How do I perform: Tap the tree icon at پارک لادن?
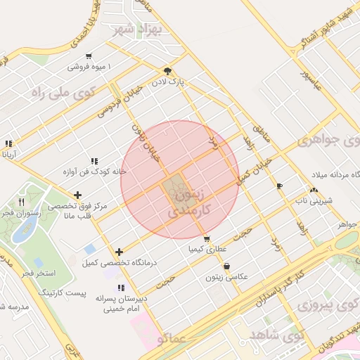tap(167, 71)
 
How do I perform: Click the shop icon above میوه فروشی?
tap(89, 56)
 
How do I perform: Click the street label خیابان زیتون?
tap(146, 142)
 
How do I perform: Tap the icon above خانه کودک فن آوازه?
tap(94, 161)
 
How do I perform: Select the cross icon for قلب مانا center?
tap(77, 195)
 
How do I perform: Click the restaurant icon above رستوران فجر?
tap(21, 202)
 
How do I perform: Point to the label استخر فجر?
tap(39, 271)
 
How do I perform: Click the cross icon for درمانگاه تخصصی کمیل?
tap(119, 252)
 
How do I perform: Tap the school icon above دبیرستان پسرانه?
tap(121, 288)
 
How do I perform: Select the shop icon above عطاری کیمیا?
tap(206, 238)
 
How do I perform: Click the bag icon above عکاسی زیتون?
tap(226, 266)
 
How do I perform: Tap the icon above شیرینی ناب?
tap(314, 190)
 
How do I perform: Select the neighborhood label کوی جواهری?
tap(328, 139)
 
